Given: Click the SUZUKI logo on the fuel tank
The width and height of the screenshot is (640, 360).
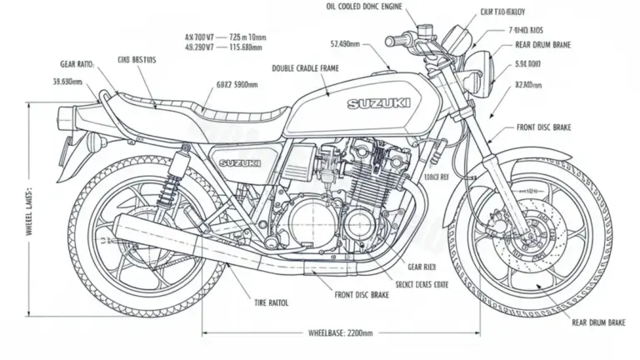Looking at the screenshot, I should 379,104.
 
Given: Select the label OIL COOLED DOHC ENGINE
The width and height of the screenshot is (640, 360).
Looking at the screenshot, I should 364,7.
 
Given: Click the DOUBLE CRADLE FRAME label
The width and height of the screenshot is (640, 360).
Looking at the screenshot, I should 305,68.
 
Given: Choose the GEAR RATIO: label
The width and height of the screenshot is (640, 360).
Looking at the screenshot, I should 77,62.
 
